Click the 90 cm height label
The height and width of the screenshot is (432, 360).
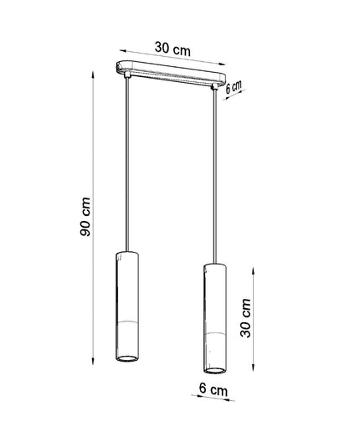[x=85, y=217]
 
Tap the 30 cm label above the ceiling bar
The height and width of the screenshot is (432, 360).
[x=172, y=49]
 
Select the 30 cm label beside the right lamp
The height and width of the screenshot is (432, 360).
[x=246, y=318]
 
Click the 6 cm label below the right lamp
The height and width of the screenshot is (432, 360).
[x=213, y=389]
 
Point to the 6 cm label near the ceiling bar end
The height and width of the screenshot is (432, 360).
[x=234, y=87]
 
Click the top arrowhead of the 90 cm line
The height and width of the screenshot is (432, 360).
[x=93, y=75]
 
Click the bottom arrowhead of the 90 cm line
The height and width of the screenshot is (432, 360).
[x=93, y=361]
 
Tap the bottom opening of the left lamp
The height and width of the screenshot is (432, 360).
[x=127, y=358]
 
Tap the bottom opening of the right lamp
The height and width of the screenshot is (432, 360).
[x=214, y=371]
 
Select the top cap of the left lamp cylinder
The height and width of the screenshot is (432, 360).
[x=127, y=254]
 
